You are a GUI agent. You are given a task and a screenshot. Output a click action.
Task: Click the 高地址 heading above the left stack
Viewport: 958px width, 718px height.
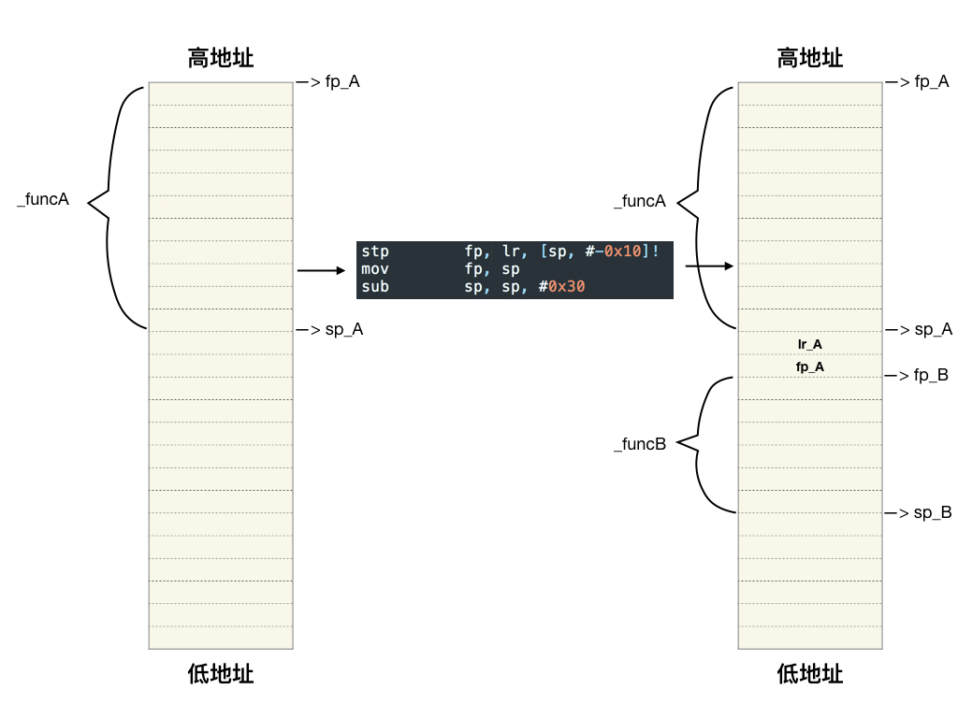[221, 58]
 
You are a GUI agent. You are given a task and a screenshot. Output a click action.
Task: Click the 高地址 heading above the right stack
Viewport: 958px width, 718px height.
[810, 58]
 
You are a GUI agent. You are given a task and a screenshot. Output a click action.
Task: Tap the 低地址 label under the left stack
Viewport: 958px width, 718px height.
[221, 673]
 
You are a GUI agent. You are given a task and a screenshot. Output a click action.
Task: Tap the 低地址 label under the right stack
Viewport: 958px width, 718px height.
[810, 673]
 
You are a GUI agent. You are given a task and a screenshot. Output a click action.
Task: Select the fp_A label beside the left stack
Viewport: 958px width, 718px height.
[341, 82]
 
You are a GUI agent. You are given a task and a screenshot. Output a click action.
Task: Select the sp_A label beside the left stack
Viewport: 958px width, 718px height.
[343, 329]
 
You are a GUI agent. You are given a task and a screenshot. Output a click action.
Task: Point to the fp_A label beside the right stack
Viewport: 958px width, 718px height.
[931, 82]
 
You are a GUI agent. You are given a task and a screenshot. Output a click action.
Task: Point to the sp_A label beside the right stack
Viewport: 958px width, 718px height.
[933, 329]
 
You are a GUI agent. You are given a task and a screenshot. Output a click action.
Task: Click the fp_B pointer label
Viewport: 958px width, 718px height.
[931, 376]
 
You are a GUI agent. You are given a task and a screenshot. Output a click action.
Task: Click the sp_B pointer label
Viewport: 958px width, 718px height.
[933, 512]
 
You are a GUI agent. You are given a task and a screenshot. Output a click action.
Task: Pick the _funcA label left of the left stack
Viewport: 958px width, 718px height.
[43, 200]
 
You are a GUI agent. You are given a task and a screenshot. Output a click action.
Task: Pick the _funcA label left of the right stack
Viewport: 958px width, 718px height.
[640, 201]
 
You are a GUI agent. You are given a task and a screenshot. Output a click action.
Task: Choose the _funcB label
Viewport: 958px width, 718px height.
[640, 444]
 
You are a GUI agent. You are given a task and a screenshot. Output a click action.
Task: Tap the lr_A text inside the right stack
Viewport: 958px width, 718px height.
[810, 344]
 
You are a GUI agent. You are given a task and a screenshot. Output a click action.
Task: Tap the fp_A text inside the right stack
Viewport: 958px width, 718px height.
[810, 367]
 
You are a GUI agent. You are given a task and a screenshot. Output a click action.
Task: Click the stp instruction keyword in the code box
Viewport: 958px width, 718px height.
[375, 251]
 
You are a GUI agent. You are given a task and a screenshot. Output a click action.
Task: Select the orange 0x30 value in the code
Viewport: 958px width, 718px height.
[566, 287]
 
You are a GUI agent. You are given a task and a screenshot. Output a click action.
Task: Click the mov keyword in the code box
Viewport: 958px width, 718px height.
[375, 269]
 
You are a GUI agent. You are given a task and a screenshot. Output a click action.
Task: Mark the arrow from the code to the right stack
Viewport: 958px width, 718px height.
[709, 266]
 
